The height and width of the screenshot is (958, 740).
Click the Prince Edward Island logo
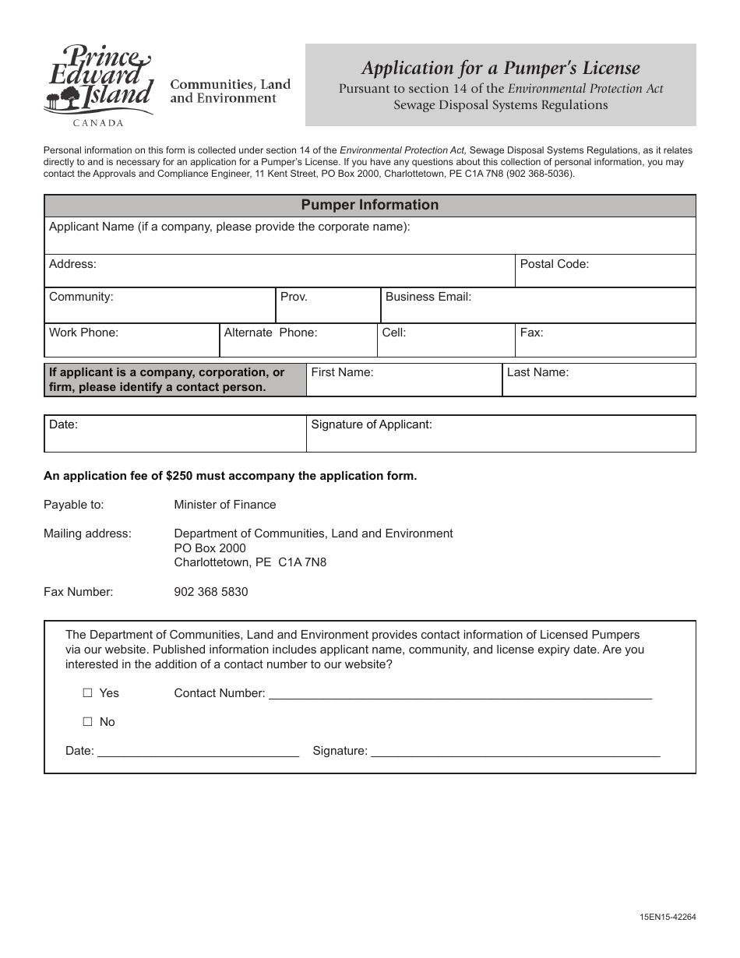point(97,84)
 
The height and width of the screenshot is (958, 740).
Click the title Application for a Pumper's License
point(500,68)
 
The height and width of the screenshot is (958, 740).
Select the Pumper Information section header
point(369,205)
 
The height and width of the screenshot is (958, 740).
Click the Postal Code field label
point(554,264)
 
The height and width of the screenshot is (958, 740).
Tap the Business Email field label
point(428,297)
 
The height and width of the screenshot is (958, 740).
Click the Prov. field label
point(294,297)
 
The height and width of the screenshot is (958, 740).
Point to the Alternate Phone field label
point(270,333)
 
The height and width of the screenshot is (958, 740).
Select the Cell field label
point(393,333)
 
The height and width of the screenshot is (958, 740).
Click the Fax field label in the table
point(531,333)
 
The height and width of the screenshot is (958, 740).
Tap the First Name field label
point(342,372)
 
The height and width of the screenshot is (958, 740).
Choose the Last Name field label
point(537,372)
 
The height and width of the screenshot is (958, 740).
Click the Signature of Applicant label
point(371,424)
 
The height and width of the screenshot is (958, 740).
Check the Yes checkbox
point(87,692)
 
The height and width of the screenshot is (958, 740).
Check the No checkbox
point(87,722)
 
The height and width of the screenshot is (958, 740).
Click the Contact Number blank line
point(460,694)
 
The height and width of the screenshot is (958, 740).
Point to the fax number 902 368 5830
point(211,592)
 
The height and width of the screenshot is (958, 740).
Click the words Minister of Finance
point(224,505)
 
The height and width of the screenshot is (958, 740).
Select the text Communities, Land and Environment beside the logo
point(230,91)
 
